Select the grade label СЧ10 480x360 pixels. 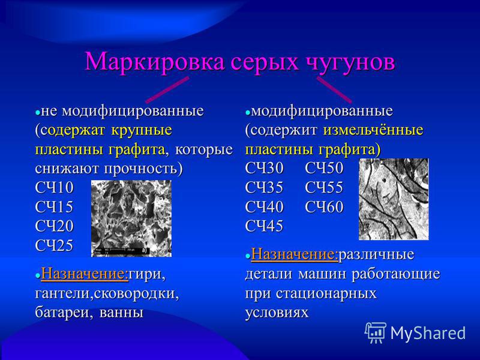coord(54,187)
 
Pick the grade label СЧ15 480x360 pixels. coord(54,206)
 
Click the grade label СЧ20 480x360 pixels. coord(54,226)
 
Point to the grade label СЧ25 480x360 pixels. coord(54,245)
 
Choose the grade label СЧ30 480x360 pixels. coord(264,168)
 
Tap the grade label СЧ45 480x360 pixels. coord(264,226)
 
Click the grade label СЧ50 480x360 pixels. coord(324,168)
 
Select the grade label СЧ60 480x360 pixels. coord(324,206)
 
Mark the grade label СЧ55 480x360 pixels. coord(324,187)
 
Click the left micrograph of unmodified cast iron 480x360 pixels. coord(131,218)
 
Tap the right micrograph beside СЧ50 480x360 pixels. coord(394,199)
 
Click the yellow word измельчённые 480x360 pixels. coord(373,130)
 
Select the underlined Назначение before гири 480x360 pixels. coord(85,274)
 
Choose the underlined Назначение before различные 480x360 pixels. coord(295,254)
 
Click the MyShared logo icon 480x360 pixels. coord(376,333)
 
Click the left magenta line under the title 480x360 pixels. coord(167,90)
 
